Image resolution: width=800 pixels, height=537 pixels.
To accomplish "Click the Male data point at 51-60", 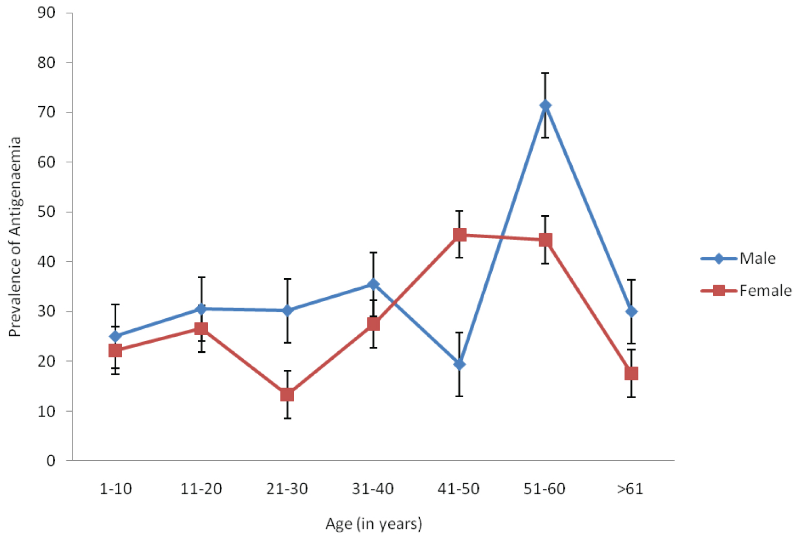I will coord(545,106).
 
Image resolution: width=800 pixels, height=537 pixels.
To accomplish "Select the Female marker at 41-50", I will coord(459,235).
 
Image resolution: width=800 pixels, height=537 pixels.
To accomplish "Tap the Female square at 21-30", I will coord(287,394).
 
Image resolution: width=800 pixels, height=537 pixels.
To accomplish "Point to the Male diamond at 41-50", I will coord(459,365).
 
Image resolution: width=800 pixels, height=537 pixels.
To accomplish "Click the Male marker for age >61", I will coord(631,312).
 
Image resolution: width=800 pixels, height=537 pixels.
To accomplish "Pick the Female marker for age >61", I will coord(631,373).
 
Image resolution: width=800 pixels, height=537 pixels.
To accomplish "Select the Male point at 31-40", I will coord(373,284).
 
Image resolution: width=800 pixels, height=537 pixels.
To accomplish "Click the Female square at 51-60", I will coord(545,240).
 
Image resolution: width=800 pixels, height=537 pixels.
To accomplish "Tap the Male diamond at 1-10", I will coord(115,336).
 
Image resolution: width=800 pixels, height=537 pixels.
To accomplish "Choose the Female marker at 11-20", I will coord(201,329).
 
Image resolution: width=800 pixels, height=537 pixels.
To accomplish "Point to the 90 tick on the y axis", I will coord(46,13).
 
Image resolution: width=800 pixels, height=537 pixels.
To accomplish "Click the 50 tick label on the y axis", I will coord(46,212).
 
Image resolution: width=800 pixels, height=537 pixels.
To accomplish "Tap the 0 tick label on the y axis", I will coord(51,461).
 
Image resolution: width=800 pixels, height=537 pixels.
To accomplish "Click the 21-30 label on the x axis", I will coord(287,489).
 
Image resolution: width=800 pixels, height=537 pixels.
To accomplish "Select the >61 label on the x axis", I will coord(630,489).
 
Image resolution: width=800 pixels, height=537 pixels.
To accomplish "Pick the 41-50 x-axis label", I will coord(459,489).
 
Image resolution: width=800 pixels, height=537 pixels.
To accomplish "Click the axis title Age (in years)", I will coord(373,524).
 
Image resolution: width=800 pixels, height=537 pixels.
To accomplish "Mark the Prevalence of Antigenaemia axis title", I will coord(15,237).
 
